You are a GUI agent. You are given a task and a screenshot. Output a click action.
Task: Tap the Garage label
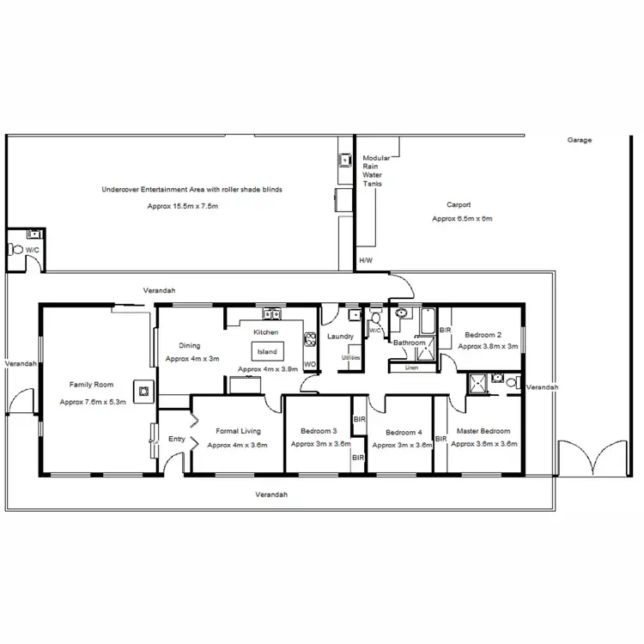coord(580,140)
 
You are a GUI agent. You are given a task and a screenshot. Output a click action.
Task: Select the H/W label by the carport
coord(366,259)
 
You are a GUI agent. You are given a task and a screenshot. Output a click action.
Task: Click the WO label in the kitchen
coord(310,363)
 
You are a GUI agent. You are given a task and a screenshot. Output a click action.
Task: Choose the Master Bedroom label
coord(483,431)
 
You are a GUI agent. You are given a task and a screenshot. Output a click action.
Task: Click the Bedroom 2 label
coord(483,334)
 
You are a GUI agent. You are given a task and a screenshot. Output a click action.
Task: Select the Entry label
coord(177,439)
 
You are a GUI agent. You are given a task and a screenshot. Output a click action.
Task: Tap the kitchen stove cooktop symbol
coord(308,339)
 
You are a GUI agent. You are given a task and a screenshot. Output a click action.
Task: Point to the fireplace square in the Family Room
coord(143,392)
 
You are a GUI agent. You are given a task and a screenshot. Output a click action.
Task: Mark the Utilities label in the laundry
coord(350,356)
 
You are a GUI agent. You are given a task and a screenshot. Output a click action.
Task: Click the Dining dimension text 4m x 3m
coord(192,358)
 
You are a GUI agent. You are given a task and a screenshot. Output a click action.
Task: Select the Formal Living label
coord(238,431)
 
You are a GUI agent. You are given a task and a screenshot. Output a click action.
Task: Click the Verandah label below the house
coord(271,495)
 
